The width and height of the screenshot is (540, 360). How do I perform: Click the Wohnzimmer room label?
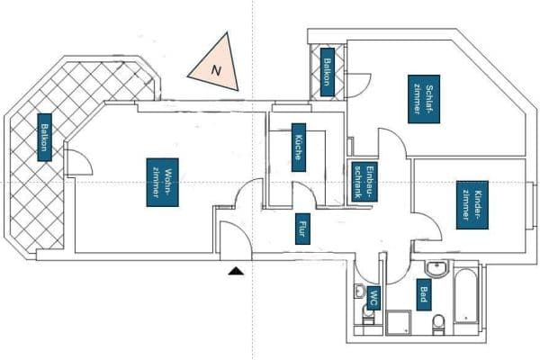pyautogui.click(x=162, y=182)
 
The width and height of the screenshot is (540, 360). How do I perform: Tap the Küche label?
pyautogui.click(x=299, y=148)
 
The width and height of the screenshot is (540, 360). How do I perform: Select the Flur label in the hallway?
pyautogui.click(x=302, y=229)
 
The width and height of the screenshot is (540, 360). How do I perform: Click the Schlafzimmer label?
pyautogui.click(x=424, y=99)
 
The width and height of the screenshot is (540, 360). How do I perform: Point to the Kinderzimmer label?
pyautogui.click(x=472, y=204)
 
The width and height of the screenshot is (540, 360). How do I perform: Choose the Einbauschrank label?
pyautogui.click(x=364, y=182)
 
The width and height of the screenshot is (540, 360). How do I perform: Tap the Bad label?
pyautogui.click(x=424, y=294)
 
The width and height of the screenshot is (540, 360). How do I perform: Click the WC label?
pyautogui.click(x=373, y=298)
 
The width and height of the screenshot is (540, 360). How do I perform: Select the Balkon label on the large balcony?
pyautogui.click(x=44, y=137)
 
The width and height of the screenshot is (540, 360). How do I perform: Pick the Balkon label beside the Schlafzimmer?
pyautogui.click(x=328, y=72)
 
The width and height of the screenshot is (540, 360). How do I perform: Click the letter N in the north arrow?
pyautogui.click(x=216, y=70)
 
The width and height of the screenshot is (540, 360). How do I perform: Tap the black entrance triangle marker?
pyautogui.click(x=236, y=271)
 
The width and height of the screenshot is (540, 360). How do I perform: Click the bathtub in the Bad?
pyautogui.click(x=466, y=295)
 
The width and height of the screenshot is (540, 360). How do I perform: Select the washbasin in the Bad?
pyautogui.click(x=437, y=268)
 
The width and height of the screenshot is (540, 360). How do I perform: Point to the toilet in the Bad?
pyautogui.click(x=439, y=325)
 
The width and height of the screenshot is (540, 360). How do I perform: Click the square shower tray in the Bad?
pyautogui.click(x=399, y=322)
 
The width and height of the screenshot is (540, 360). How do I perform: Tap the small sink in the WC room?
pyautogui.click(x=359, y=291)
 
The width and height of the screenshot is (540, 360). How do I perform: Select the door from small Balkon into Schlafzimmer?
pyautogui.click(x=358, y=85)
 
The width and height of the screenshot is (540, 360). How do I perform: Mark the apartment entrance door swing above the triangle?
pyautogui.click(x=236, y=240)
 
